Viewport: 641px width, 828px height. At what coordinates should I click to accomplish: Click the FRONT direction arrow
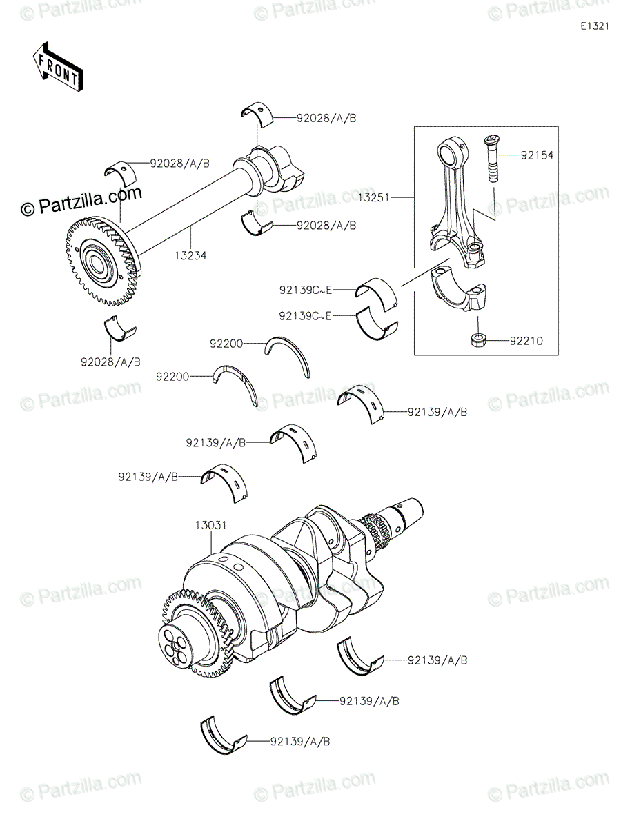point(58,66)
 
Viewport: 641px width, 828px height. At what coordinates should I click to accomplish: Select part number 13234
point(191,255)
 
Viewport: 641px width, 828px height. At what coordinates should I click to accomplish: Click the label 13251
point(375,197)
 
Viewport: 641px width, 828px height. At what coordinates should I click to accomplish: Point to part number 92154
point(538,156)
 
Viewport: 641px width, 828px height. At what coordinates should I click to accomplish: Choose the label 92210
point(527,340)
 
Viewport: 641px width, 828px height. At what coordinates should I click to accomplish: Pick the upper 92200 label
point(227,342)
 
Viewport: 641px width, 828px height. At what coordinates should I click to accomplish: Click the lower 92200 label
point(172,377)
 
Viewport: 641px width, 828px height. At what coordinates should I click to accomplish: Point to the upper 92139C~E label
point(305,290)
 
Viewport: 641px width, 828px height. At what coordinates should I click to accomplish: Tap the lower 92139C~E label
point(305,316)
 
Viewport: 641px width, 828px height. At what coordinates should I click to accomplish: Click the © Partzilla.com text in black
point(81,203)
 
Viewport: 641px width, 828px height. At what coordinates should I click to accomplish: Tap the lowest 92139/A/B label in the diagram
point(300,742)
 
